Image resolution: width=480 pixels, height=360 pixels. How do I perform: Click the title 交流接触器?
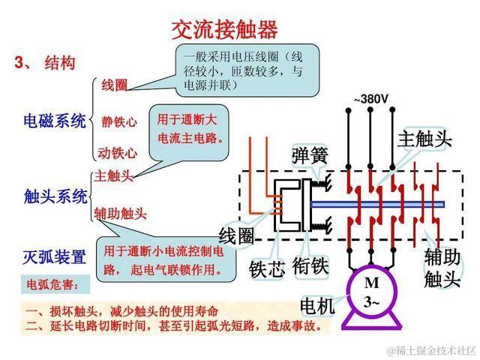[225, 29]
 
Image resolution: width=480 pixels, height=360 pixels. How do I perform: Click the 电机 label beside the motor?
[318, 307]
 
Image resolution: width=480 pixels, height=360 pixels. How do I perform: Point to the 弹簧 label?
[310, 155]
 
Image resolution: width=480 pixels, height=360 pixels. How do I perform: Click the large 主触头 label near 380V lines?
[424, 139]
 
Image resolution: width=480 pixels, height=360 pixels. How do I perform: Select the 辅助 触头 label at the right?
[442, 268]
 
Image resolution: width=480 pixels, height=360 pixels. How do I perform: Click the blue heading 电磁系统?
[55, 121]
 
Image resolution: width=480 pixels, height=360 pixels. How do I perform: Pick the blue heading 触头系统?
[55, 196]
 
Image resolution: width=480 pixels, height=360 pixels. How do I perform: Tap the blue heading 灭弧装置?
[55, 257]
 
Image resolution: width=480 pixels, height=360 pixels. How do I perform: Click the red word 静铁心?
[118, 121]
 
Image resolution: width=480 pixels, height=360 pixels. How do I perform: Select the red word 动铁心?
[118, 153]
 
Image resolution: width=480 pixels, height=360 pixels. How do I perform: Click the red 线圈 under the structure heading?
[114, 85]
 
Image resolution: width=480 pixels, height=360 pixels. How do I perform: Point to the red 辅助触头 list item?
[120, 214]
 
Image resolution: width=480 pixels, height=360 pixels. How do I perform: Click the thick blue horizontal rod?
[375, 204]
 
